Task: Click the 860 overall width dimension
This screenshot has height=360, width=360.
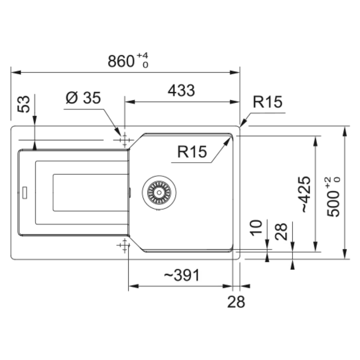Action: [121, 61]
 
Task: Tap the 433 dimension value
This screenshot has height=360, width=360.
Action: [181, 90]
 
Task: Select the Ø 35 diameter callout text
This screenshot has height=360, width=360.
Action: [83, 98]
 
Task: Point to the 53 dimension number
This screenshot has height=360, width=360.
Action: [24, 104]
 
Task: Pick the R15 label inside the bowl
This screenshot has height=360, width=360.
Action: [192, 152]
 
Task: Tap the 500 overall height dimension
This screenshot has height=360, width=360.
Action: [333, 204]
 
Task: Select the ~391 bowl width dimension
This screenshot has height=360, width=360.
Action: [182, 275]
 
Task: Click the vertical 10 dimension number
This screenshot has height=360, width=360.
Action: [256, 228]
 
